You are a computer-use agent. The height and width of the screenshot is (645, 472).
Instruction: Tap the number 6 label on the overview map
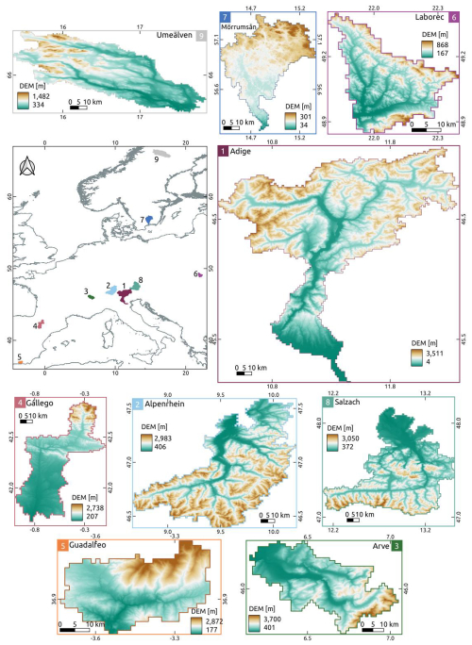point(194,274)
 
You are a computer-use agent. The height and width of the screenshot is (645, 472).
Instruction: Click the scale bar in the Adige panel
point(242,373)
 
